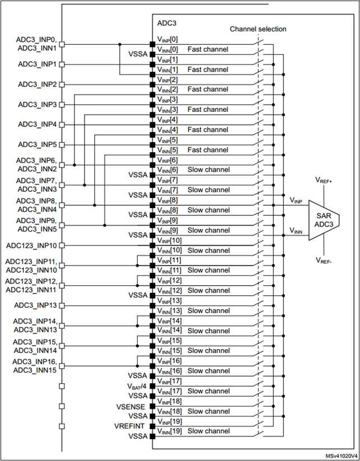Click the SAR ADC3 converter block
[x=323, y=220]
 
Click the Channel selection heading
[x=258, y=29]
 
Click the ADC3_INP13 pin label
[x=35, y=305]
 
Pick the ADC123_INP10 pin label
[x=32, y=246]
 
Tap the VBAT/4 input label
[x=137, y=386]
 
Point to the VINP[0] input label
[x=167, y=39]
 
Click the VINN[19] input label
[x=169, y=431]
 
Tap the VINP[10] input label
[x=169, y=240]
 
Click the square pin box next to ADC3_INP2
[x=62, y=84]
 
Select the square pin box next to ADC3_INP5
[x=62, y=144]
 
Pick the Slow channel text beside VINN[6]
[x=208, y=170]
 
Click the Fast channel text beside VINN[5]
[x=208, y=149]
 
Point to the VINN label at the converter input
[x=297, y=229]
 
